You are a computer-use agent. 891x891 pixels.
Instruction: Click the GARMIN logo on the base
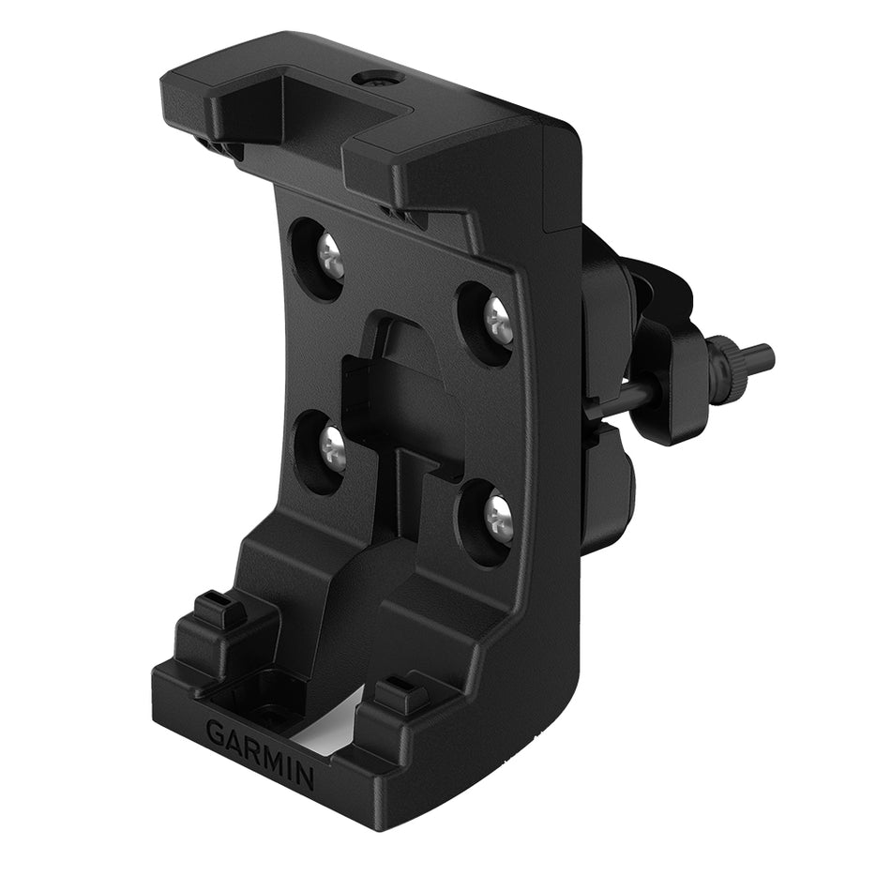pos(260,747)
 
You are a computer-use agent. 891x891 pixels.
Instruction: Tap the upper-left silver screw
pos(329,255)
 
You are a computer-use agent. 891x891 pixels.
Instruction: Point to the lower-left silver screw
pos(333,449)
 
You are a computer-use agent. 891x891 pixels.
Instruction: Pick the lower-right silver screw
pos(498,517)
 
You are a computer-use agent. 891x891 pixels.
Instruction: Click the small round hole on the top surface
pos(383,82)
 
